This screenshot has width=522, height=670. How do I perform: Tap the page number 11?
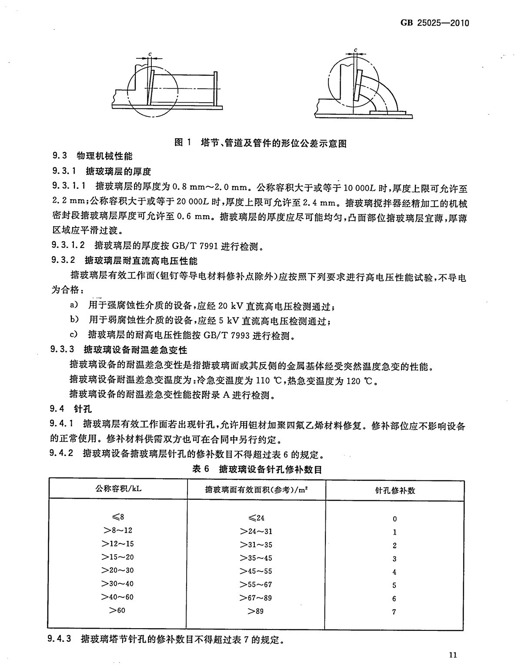point(452,654)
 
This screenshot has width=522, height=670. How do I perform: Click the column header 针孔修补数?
point(395,490)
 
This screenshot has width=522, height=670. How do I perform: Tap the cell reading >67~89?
point(256,598)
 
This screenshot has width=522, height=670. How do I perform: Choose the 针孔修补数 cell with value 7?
point(394,612)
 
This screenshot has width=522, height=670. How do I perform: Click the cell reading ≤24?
point(256,518)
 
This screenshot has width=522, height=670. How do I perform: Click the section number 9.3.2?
point(64,261)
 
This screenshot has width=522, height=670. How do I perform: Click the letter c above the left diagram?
point(150,53)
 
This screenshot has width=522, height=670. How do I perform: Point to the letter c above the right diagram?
point(355,50)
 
